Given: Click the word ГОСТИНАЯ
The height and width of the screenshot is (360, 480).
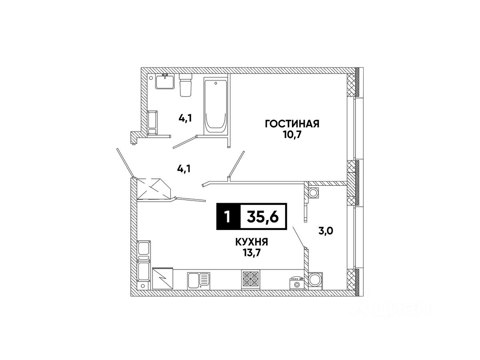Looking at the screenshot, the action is tap(292, 124).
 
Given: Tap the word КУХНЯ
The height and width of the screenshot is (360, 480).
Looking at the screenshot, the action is tap(251, 242).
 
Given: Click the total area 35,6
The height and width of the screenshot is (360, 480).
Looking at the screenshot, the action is tap(263, 217).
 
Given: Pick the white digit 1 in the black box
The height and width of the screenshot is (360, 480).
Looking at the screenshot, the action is tap(227, 217).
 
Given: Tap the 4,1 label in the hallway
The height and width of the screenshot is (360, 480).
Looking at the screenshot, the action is tap(184, 168).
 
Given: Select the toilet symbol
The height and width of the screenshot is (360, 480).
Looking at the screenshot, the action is tap(185, 85).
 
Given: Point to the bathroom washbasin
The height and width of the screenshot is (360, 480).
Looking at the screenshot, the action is tap(164, 82).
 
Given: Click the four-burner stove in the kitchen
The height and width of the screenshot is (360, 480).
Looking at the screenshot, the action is tap(251, 279).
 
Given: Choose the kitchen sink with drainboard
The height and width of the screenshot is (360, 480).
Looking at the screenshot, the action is tap(198, 279).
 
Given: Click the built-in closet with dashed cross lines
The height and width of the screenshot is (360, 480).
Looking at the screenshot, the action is tap(154, 189).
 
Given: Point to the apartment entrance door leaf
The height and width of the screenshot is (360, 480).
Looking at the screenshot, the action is tap(124, 162).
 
